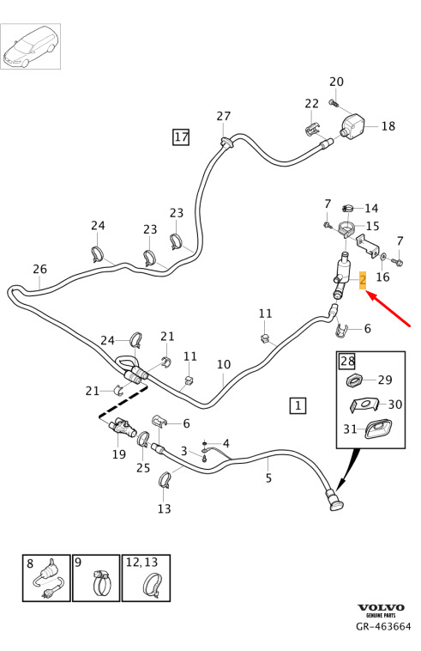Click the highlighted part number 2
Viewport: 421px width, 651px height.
tap(363, 280)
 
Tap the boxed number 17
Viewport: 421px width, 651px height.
tap(181, 137)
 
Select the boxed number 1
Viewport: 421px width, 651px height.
tap(298, 405)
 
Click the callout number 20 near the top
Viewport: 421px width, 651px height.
tap(336, 82)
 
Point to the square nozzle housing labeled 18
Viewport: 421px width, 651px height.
tap(353, 125)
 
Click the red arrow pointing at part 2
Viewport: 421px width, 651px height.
tap(388, 309)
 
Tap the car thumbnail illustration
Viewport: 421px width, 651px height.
tap(30, 46)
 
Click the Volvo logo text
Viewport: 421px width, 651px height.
tap(382, 607)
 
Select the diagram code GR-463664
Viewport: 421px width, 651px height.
tap(383, 626)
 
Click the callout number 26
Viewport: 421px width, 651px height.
tap(39, 269)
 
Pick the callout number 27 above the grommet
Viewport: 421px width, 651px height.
tap(223, 116)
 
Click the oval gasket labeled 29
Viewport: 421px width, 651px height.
tap(354, 380)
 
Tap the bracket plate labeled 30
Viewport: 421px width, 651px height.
tap(364, 405)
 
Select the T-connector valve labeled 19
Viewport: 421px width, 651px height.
tap(122, 427)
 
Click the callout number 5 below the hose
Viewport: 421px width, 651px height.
tap(268, 478)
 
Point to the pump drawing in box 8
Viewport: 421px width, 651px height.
tap(49, 579)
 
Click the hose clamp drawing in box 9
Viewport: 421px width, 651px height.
tap(102, 581)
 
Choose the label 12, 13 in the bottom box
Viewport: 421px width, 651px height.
tap(141, 563)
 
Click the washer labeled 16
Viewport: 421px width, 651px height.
tap(382, 259)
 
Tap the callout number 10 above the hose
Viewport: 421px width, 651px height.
tap(224, 364)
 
